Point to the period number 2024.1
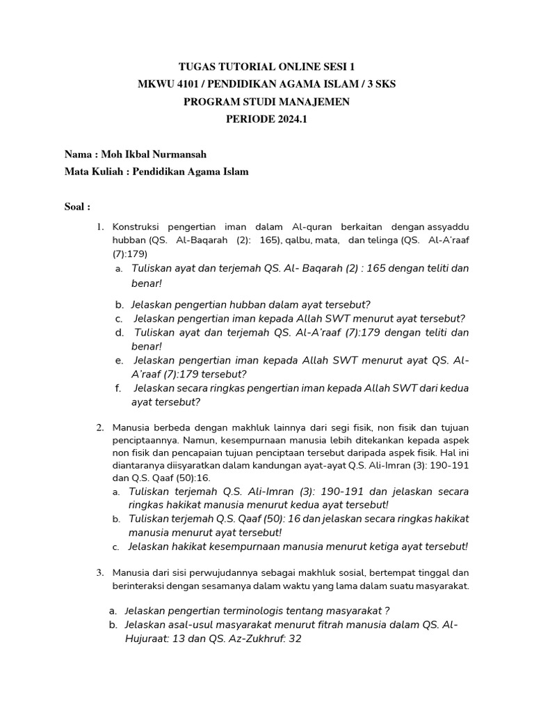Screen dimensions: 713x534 pos(286,119)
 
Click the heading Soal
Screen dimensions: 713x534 pos(76,207)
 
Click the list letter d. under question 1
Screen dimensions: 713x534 pos(120,333)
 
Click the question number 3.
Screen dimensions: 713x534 pos(100,572)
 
